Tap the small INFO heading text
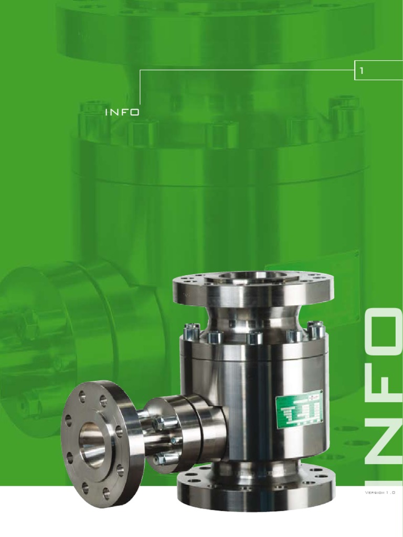[122, 113]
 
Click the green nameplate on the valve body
[299, 409]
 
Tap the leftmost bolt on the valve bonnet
[192, 331]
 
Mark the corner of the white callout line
[140, 69]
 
